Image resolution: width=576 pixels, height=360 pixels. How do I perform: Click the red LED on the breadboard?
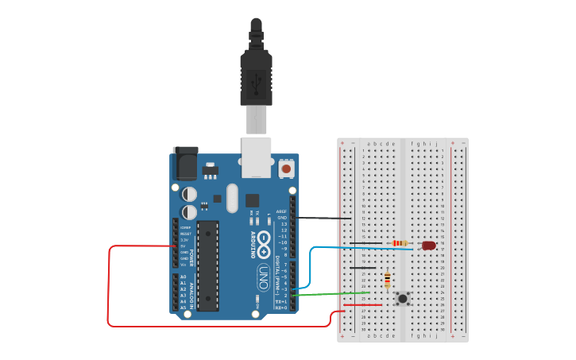[x=429, y=246]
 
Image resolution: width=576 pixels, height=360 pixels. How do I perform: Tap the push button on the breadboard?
[x=403, y=299]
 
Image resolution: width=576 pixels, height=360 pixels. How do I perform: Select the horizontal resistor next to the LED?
[x=400, y=243]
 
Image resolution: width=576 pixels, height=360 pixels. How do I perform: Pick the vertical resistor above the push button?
[x=387, y=280]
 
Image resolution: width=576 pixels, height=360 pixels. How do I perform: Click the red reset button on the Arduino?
[x=286, y=168]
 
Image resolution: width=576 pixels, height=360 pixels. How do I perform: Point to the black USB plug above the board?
[x=256, y=72]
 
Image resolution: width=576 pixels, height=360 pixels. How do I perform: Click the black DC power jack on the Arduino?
[x=185, y=164]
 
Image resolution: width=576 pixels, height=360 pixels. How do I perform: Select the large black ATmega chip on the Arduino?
[x=207, y=265]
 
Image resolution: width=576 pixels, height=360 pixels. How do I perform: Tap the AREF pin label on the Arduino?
[x=281, y=211]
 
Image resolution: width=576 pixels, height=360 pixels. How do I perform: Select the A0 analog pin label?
[x=184, y=277]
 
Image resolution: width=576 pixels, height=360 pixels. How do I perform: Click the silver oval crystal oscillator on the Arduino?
[x=231, y=198]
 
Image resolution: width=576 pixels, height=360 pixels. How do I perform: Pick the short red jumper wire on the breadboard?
[x=356, y=305]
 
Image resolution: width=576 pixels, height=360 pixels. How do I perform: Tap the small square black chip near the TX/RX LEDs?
[x=252, y=200]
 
